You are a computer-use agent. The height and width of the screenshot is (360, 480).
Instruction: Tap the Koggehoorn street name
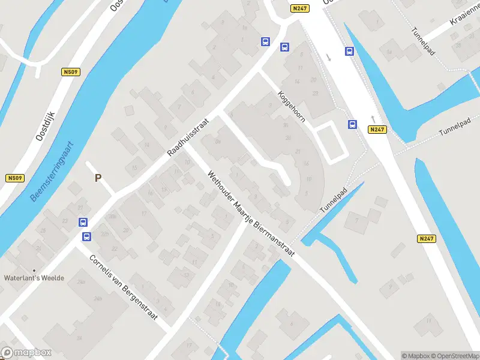pyautogui.click(x=292, y=106)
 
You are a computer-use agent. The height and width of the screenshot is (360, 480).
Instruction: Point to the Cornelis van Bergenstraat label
pyautogui.click(x=123, y=288)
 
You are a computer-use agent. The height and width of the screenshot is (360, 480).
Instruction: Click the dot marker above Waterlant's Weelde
pyautogui.click(x=34, y=271)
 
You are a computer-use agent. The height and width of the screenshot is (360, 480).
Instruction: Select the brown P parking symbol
pyautogui.click(x=98, y=178)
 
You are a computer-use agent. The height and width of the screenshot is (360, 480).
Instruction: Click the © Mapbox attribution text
pyautogui.click(x=416, y=356)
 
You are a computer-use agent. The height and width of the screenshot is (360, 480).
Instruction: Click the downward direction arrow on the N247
pyautogui.click(x=328, y=58)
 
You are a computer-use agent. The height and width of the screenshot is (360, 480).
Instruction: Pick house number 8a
pyautogui.click(x=218, y=142)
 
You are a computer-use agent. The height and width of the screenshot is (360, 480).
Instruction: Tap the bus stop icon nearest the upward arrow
pyautogui.click(x=352, y=125)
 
